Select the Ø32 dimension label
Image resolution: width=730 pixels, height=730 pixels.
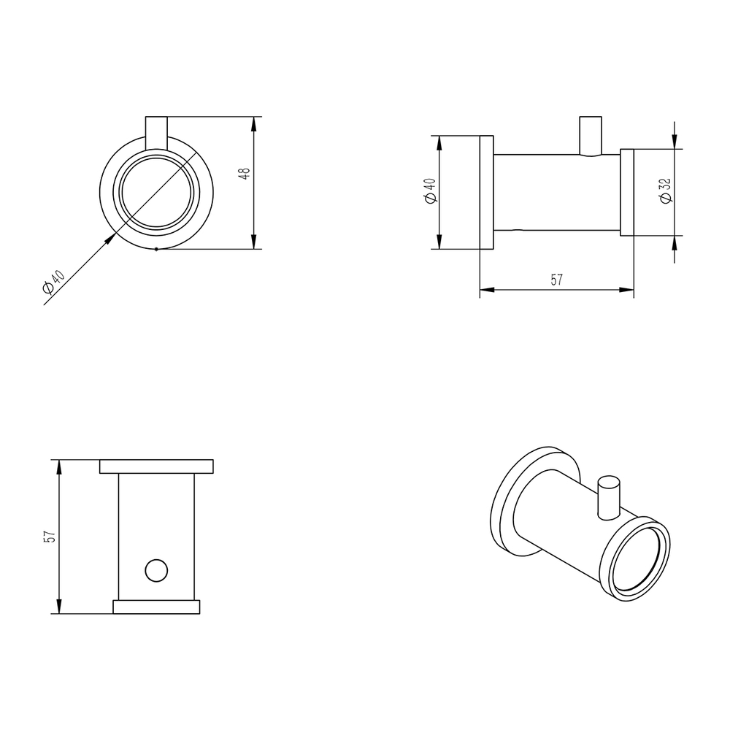pyautogui.click(x=666, y=191)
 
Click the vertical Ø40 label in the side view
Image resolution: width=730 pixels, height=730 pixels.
pyautogui.click(x=430, y=191)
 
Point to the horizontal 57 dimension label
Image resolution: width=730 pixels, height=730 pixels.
pyautogui.click(x=556, y=280)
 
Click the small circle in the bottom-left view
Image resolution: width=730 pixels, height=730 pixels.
pyautogui.click(x=156, y=570)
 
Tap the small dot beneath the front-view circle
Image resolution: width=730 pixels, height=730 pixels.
pyautogui.click(x=156, y=249)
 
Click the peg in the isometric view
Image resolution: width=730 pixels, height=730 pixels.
pyautogui.click(x=609, y=498)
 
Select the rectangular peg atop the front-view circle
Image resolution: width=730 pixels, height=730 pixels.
pyautogui.click(x=156, y=133)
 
